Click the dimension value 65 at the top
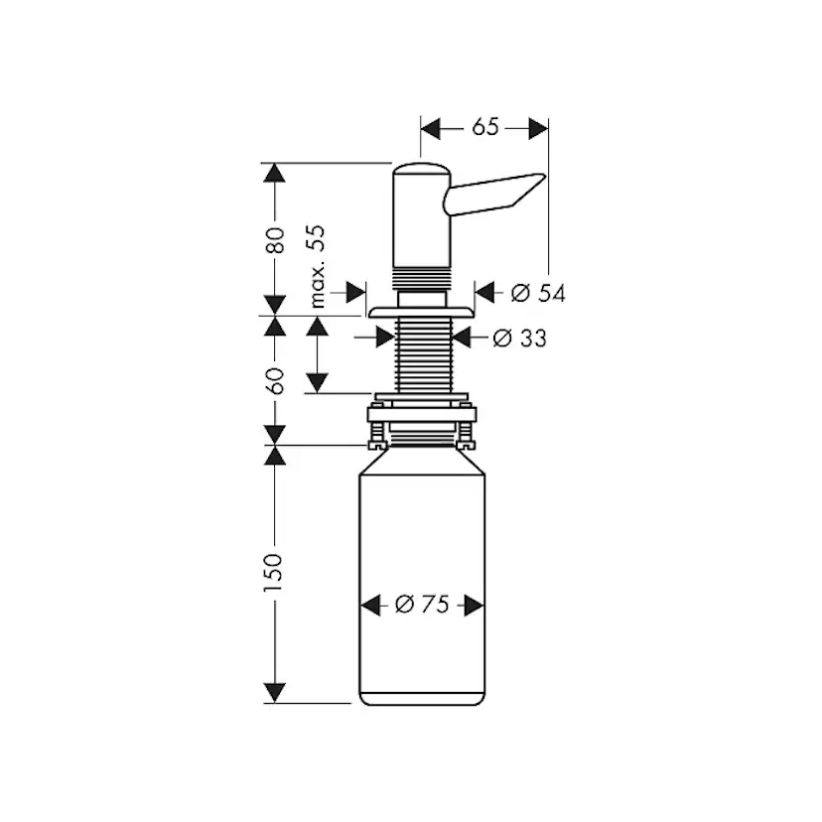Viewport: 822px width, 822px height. pyautogui.click(x=484, y=127)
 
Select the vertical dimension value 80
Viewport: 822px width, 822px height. pyautogui.click(x=275, y=240)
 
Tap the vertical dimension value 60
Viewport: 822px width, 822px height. pyautogui.click(x=275, y=381)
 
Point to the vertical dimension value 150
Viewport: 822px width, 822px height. pyautogui.click(x=273, y=573)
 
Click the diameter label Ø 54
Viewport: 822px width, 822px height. pyautogui.click(x=538, y=294)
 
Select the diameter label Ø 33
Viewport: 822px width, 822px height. pyautogui.click(x=519, y=339)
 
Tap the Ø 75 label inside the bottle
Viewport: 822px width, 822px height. pyautogui.click(x=423, y=605)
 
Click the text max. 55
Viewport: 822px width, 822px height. pyautogui.click(x=317, y=267)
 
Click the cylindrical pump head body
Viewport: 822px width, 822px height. pyautogui.click(x=422, y=217)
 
